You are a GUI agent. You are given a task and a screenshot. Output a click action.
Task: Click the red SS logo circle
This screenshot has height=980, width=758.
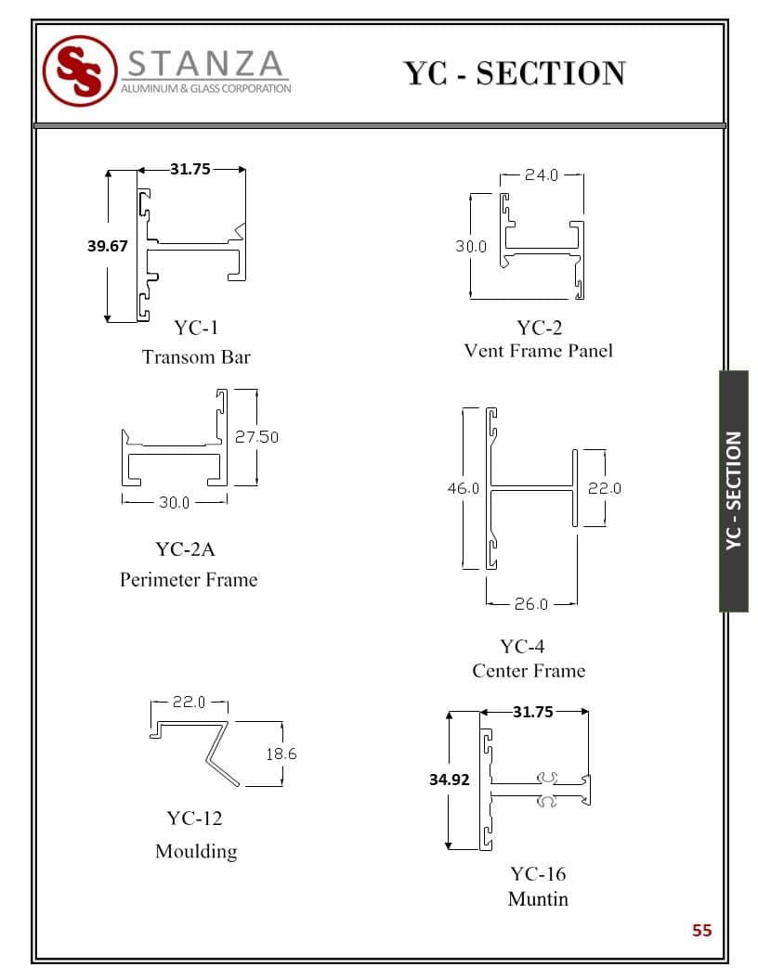pyautogui.click(x=80, y=71)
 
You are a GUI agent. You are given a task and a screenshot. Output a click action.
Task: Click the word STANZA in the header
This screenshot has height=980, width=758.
pyautogui.click(x=206, y=64)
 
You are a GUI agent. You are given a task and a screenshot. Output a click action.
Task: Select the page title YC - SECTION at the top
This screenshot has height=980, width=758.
pyautogui.click(x=514, y=73)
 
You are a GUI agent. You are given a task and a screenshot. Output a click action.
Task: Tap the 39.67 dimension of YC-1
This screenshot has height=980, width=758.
pyautogui.click(x=108, y=246)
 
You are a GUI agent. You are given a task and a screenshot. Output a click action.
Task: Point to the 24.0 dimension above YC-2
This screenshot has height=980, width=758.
pyautogui.click(x=541, y=175)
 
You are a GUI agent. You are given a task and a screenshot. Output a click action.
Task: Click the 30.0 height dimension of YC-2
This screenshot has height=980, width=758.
pyautogui.click(x=470, y=246)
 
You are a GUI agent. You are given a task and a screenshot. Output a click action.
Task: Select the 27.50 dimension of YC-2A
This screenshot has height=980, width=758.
pyautogui.click(x=256, y=437)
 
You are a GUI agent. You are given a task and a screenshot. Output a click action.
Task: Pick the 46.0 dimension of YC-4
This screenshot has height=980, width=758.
pyautogui.click(x=463, y=488)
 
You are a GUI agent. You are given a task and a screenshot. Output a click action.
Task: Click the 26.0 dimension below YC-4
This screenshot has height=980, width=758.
pyautogui.click(x=531, y=604)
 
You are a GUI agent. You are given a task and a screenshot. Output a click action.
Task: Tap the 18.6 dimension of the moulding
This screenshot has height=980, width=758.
pyautogui.click(x=281, y=754)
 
